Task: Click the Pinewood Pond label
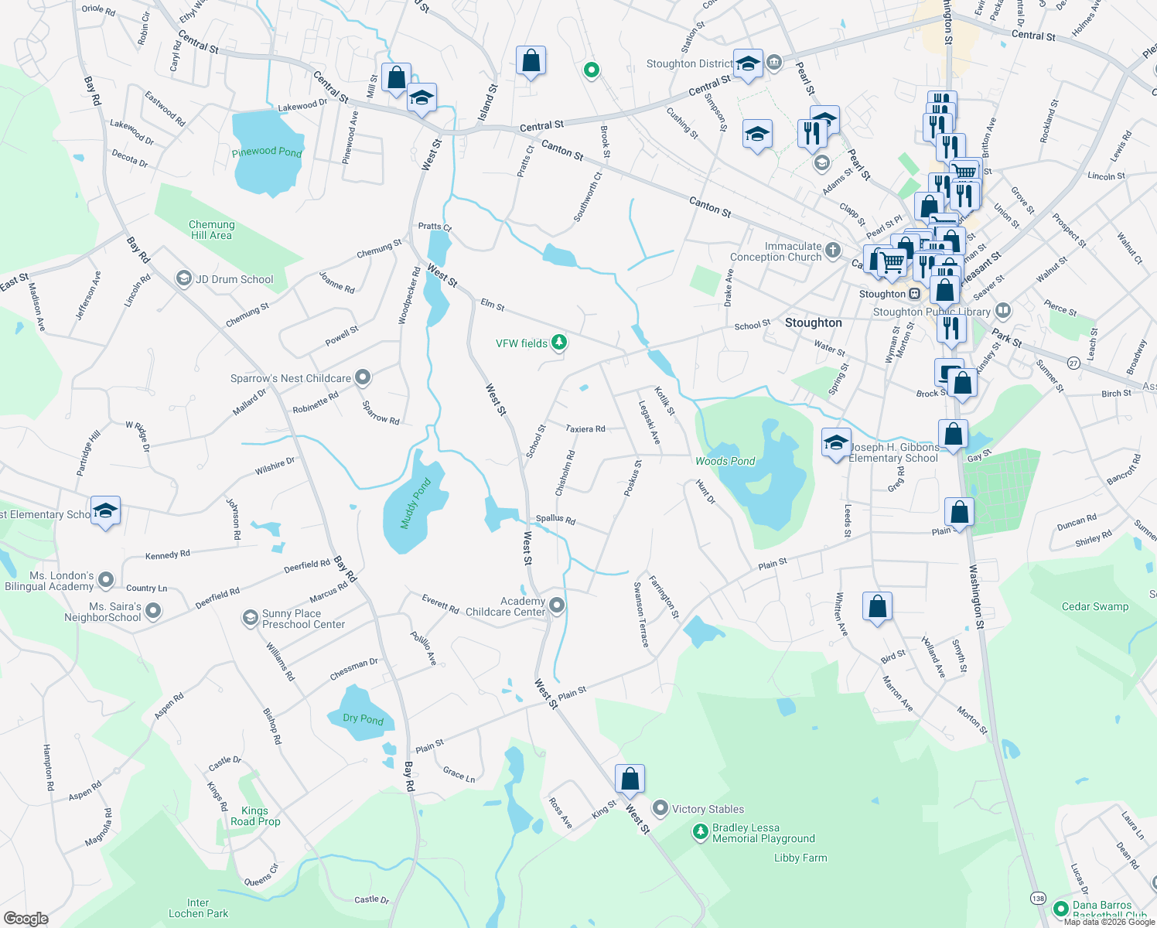(267, 152)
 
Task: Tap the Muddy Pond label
(415, 503)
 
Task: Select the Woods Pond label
(725, 461)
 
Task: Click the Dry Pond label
(363, 718)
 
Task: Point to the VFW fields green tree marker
(558, 343)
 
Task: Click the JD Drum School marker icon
(184, 278)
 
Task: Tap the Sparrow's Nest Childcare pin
(363, 378)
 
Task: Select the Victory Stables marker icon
(660, 809)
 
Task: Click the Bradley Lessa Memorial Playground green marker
(700, 832)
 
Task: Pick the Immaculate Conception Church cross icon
(833, 250)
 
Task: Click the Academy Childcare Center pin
(557, 606)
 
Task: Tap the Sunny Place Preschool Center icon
(250, 617)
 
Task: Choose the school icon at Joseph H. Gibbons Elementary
(835, 443)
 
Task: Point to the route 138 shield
(1038, 899)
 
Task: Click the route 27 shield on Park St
(1073, 363)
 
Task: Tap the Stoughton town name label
(813, 322)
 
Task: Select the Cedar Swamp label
(1094, 606)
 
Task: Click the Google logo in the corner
(26, 919)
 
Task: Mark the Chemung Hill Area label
(211, 230)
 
